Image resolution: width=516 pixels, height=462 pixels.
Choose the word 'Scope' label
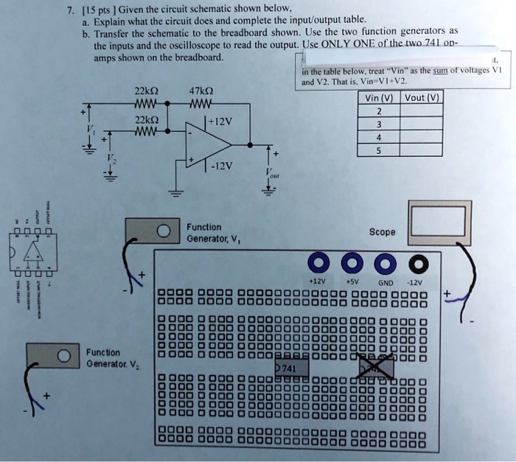coord(383,231)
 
